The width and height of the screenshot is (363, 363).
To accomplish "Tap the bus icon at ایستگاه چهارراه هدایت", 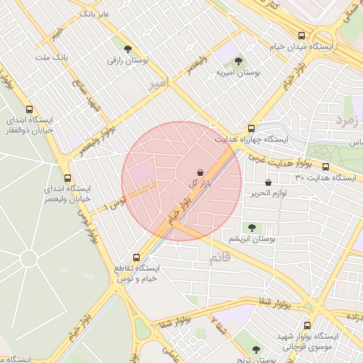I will pos(251,128).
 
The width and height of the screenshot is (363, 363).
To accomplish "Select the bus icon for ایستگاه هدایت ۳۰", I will pos(325,167).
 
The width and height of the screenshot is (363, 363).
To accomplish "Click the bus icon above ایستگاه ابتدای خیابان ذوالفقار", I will pos(29,109).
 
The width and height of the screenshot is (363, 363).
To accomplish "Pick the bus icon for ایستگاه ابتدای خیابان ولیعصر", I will pos(67,178).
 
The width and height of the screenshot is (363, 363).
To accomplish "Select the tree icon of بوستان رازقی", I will pos(127,50).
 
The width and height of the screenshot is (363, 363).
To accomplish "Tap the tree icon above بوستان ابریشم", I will pos(251,227).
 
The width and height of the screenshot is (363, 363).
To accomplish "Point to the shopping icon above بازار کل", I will pos(201,172).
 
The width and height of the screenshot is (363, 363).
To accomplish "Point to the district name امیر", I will pos(160,84).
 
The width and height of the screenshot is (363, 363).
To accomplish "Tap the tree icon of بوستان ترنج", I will pos(256,349).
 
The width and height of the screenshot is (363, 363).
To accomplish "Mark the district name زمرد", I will pos(348,117).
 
